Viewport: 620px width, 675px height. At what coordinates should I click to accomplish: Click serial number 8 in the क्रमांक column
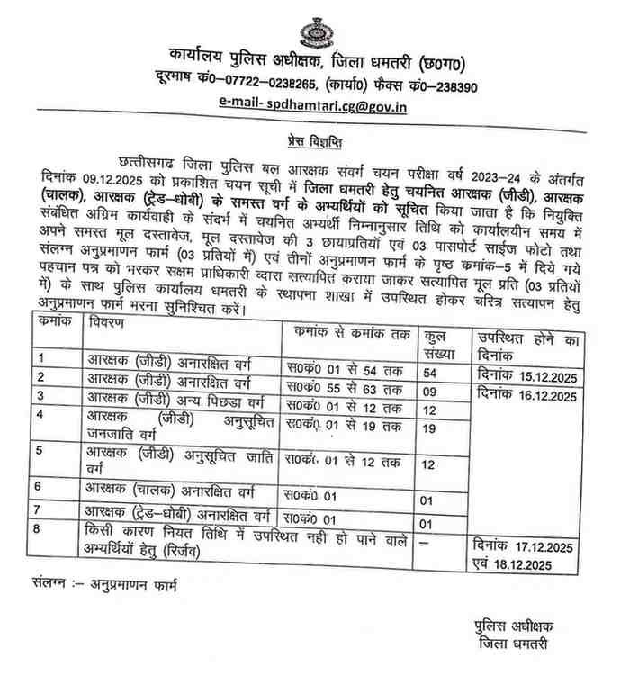[39, 530]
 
